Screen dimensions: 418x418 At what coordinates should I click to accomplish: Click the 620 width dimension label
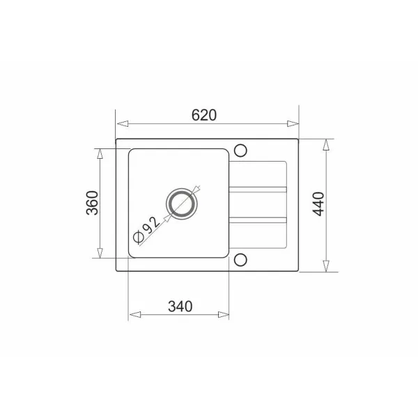coord(204,115)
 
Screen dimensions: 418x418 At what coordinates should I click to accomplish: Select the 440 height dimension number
coord(318,204)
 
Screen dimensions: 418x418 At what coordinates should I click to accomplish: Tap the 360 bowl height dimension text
coord(92,203)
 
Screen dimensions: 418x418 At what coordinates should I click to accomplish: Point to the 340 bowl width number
coord(180,307)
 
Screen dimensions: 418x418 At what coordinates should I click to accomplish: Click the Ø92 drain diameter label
coord(147,230)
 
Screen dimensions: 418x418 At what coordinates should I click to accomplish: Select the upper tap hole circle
coord(240,150)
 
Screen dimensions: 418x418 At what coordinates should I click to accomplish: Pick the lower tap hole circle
coord(240,260)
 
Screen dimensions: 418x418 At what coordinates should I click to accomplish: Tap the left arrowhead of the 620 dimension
coord(123,124)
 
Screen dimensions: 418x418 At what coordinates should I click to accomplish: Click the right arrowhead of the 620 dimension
coord(293,124)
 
